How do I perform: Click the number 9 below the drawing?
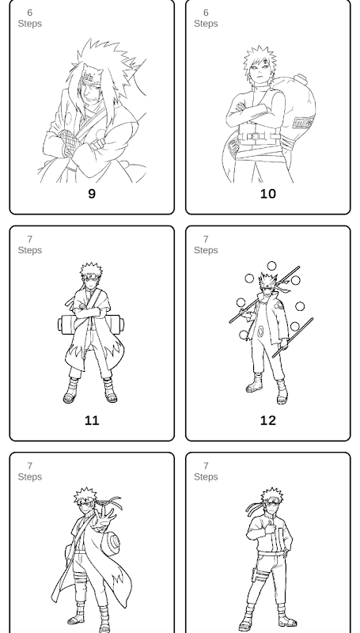tap(92, 194)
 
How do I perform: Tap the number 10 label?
tap(268, 194)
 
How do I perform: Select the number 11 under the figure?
tap(92, 421)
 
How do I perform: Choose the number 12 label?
tap(268, 421)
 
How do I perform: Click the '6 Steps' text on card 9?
tap(30, 18)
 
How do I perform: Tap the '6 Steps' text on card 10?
tap(206, 18)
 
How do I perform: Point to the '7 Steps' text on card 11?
tap(30, 245)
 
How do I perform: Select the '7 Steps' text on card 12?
tap(206, 245)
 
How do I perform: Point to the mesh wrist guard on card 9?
tap(69, 143)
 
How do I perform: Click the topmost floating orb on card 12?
tap(271, 266)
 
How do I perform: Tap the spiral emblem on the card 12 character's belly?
tap(261, 332)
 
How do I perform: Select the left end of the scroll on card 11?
tap(60, 324)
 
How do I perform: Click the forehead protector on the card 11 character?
tap(92, 276)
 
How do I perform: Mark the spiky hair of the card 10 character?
tap(260, 59)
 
